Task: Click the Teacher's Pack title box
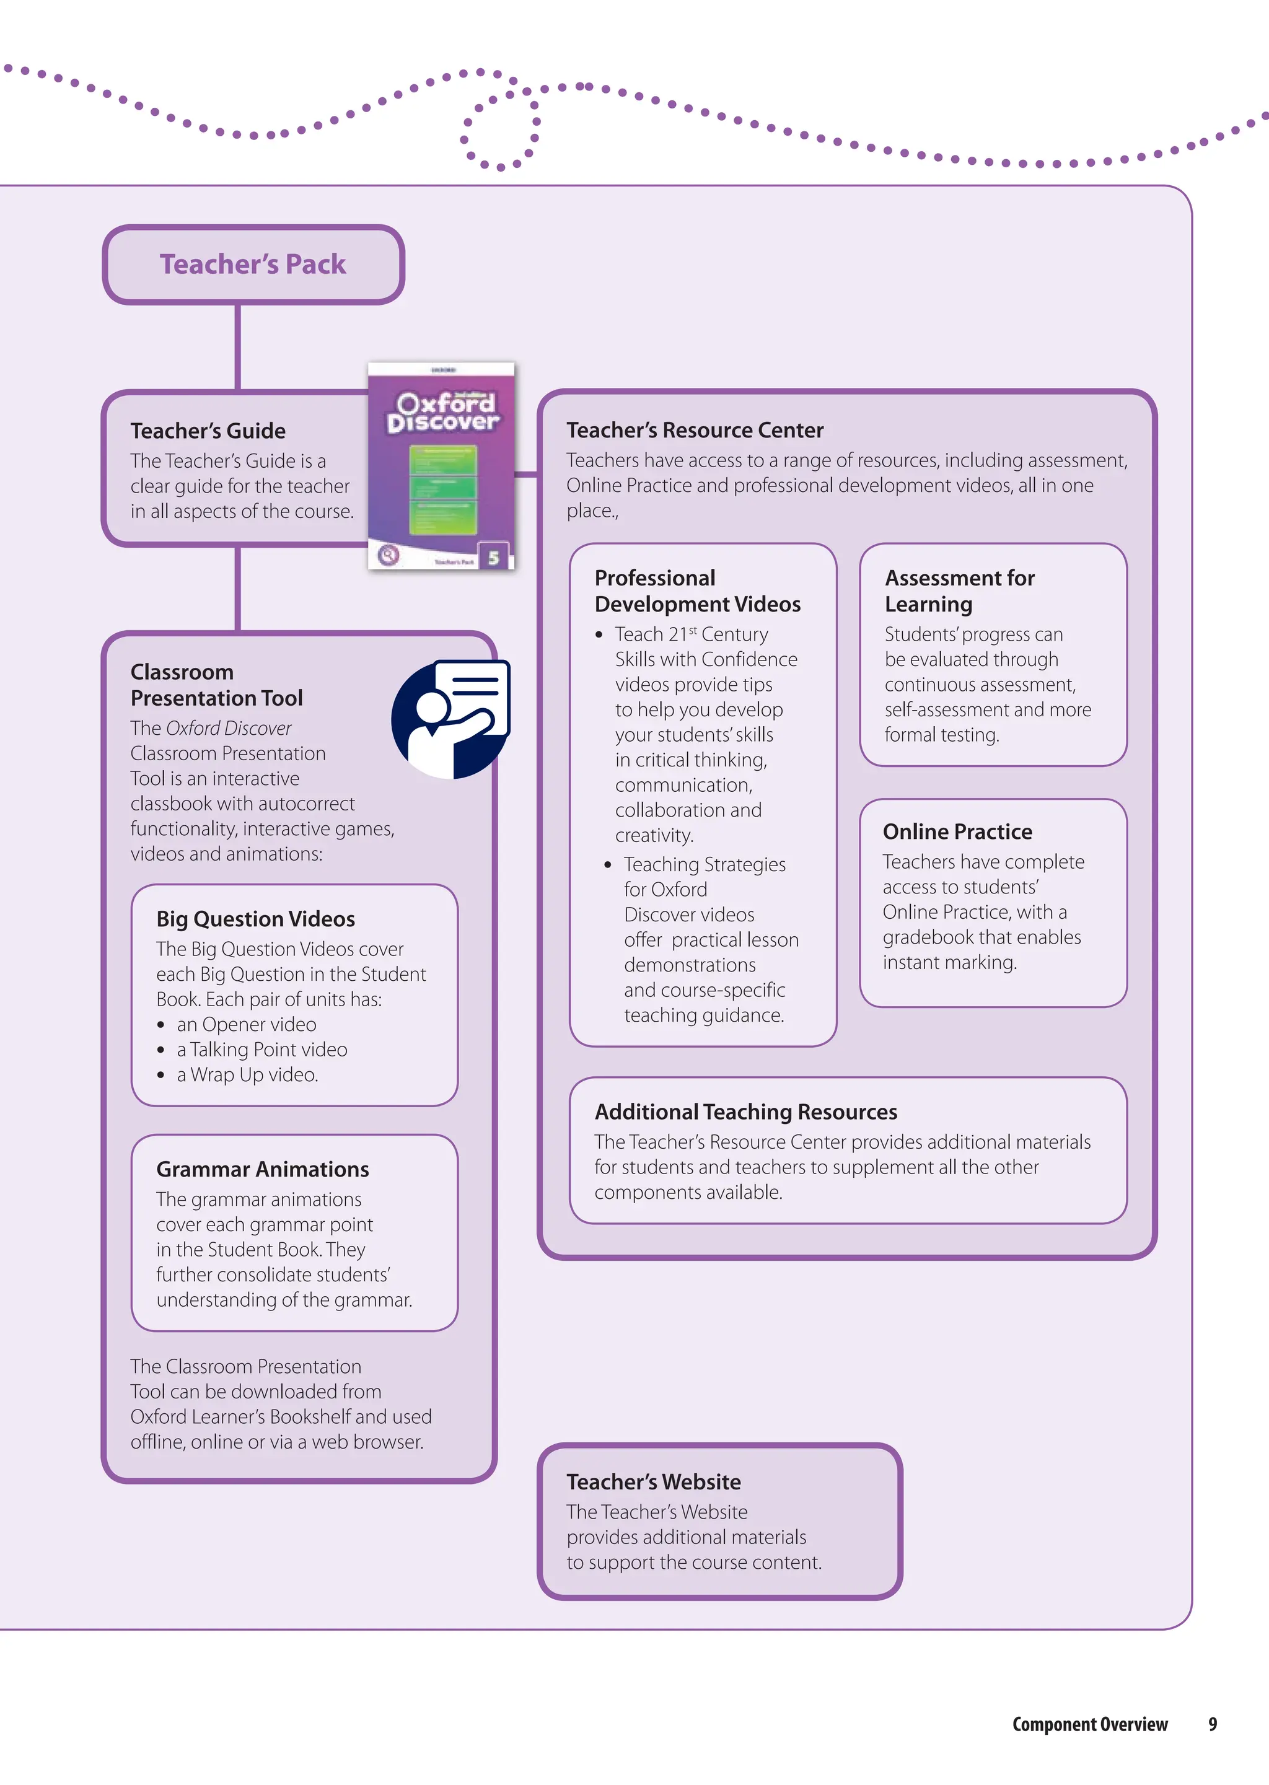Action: tap(253, 264)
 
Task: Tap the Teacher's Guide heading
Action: tap(208, 431)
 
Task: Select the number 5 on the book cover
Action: tap(493, 557)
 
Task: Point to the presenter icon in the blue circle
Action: tap(451, 719)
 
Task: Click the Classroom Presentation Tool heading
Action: tap(216, 685)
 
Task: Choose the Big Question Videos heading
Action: tap(255, 919)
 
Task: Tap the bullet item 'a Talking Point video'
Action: tap(261, 1049)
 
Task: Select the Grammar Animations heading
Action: tap(263, 1169)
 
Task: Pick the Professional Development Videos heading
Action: tap(697, 590)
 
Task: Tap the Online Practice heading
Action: tap(957, 831)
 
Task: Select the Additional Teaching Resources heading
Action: tap(745, 1112)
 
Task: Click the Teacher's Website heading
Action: tap(653, 1481)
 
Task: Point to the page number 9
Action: tap(1212, 1724)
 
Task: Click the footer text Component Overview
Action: tap(1089, 1724)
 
